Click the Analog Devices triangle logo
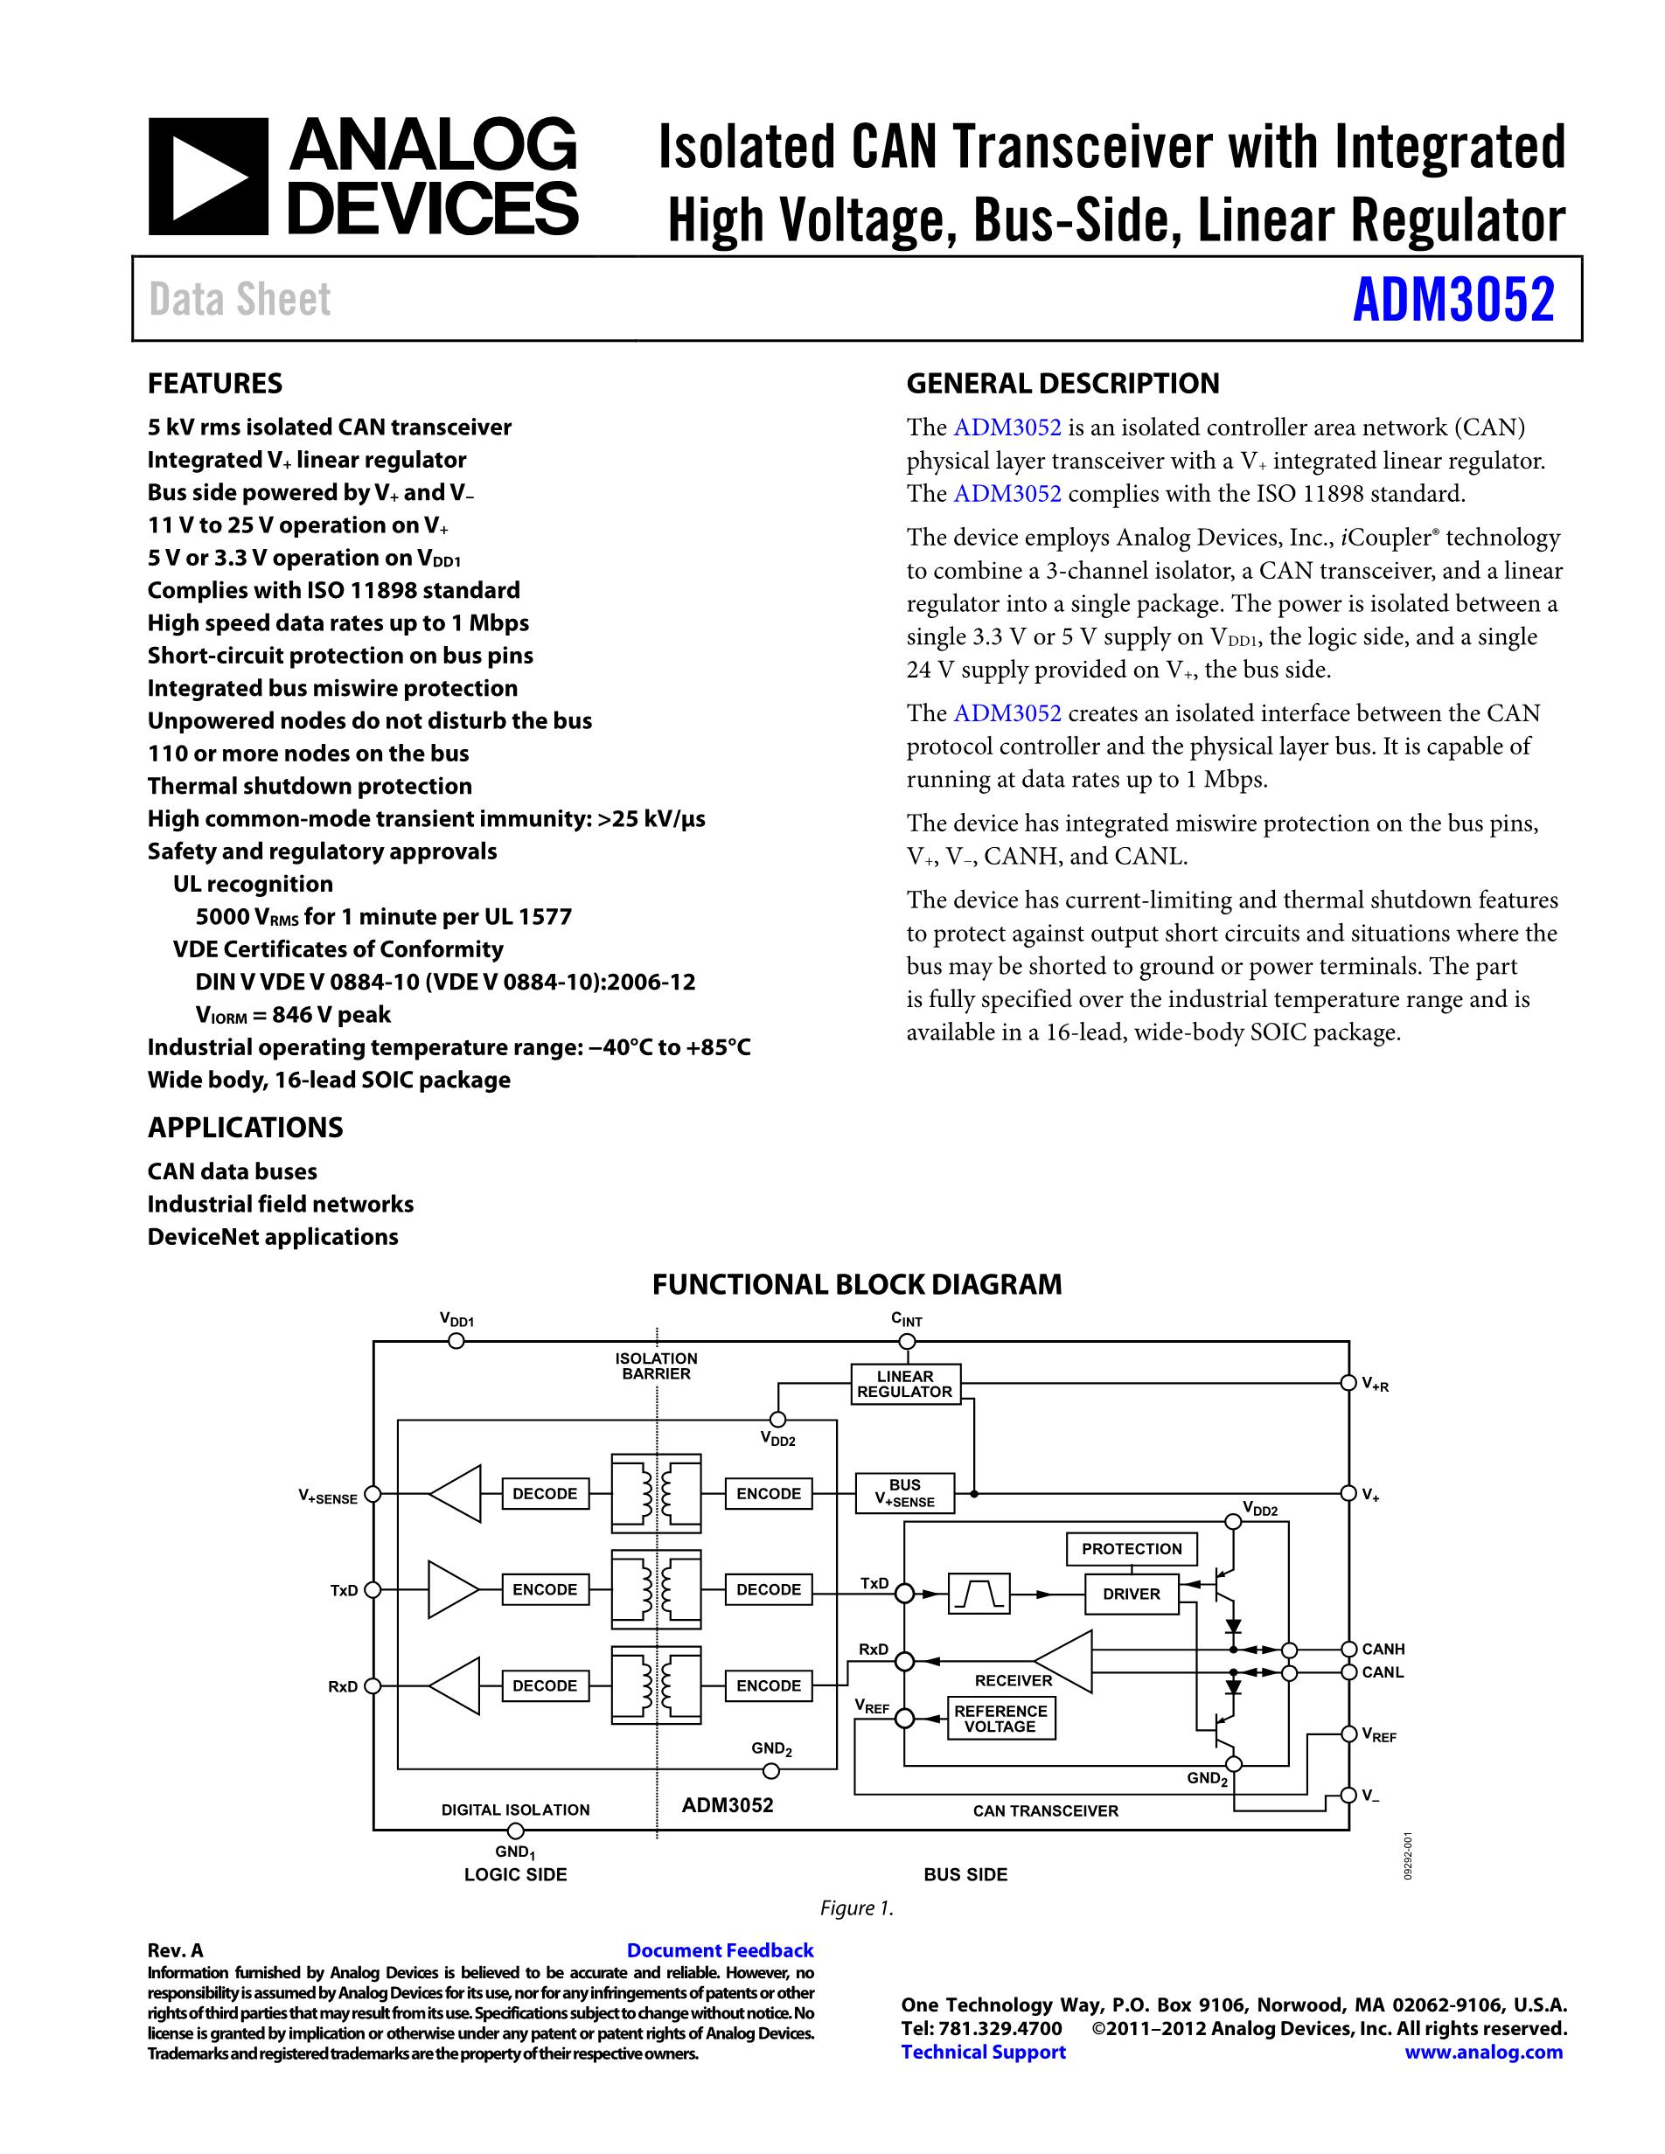pyautogui.click(x=208, y=177)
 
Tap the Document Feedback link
pyautogui.click(x=720, y=1949)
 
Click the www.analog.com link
pyautogui.click(x=1483, y=2052)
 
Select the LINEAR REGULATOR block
pyautogui.click(x=904, y=1384)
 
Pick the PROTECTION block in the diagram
pyautogui.click(x=1132, y=1548)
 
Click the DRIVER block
pyautogui.click(x=1132, y=1594)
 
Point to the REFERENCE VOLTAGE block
pyautogui.click(x=1000, y=1718)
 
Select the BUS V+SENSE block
pyautogui.click(x=904, y=1492)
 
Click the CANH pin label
pyautogui.click(x=1383, y=1649)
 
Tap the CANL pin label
pyautogui.click(x=1383, y=1671)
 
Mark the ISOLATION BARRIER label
pyautogui.click(x=656, y=1366)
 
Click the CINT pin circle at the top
pyautogui.click(x=907, y=1341)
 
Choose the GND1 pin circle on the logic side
pyautogui.click(x=515, y=1831)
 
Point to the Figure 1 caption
pyautogui.click(x=856, y=1908)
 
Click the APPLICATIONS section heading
pyautogui.click(x=246, y=1128)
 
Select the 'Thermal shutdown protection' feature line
pyautogui.click(x=310, y=786)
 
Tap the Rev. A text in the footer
pyautogui.click(x=175, y=1949)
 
